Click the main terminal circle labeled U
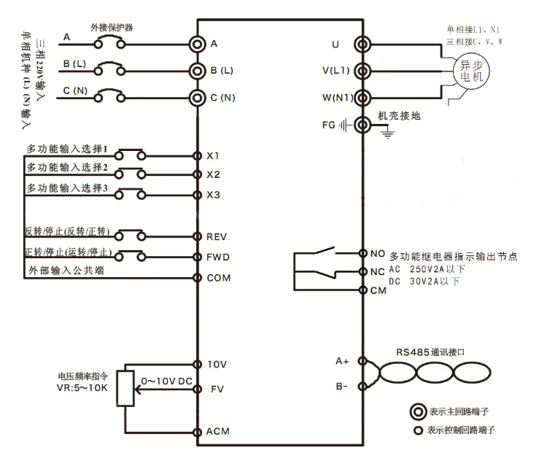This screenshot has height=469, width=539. click(x=362, y=44)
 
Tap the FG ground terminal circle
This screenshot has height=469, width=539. click(x=362, y=125)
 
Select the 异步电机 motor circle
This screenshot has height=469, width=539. click(x=471, y=71)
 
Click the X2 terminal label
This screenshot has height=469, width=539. click(x=213, y=174)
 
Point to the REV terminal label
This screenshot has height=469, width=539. click(x=217, y=237)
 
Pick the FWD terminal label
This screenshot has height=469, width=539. click(x=218, y=257)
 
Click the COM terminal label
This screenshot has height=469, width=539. click(x=219, y=278)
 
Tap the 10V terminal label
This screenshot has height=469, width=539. click(x=217, y=365)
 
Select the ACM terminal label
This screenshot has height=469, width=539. click(x=217, y=432)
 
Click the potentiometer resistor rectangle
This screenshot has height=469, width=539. click(x=125, y=388)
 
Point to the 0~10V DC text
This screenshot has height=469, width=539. click(x=167, y=381)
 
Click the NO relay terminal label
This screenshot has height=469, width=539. click(x=377, y=254)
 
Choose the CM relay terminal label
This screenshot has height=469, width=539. click(x=378, y=291)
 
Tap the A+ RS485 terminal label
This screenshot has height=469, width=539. click(x=342, y=361)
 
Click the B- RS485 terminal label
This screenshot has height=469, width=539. click(x=341, y=387)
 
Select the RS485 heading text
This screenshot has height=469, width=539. click(x=430, y=352)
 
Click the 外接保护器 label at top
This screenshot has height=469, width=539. click(x=112, y=28)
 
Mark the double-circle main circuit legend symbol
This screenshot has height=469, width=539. click(x=418, y=411)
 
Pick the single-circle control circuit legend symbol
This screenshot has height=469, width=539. click(x=418, y=430)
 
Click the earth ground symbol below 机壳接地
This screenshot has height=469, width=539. click(x=387, y=134)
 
